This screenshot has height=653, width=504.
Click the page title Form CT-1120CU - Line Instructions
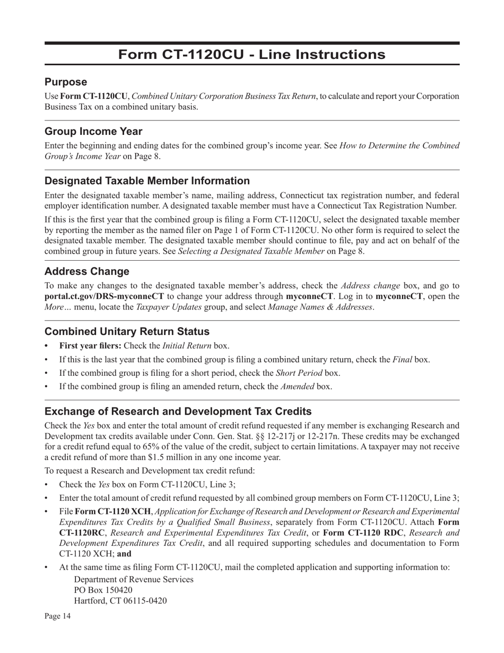point(251,55)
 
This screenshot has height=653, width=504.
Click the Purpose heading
point(66,82)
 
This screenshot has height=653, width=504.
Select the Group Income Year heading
point(93,131)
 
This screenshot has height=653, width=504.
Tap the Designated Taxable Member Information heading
point(147,181)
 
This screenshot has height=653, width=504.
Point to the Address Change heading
point(87,271)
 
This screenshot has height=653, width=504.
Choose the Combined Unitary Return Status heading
point(127,331)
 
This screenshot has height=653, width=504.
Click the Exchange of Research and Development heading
point(178,411)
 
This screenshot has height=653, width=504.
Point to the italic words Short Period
point(299,373)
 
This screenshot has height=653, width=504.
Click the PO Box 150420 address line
point(103,590)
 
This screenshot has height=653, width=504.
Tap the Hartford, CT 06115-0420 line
point(120,601)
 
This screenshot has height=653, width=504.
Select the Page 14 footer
point(57,616)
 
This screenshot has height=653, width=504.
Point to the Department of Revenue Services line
point(134,579)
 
